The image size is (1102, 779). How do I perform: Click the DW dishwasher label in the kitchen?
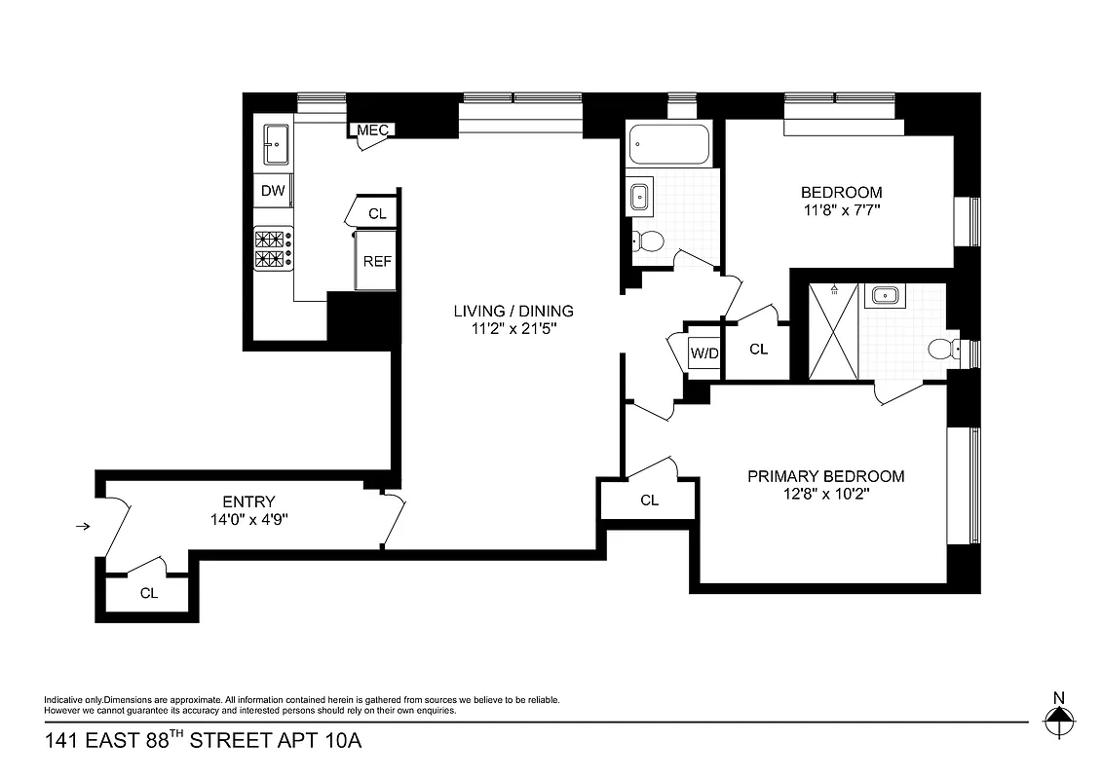(274, 191)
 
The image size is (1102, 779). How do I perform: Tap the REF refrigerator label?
(377, 261)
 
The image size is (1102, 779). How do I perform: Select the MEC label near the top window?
(372, 130)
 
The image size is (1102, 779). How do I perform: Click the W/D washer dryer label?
(703, 352)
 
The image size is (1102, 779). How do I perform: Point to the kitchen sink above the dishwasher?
(274, 146)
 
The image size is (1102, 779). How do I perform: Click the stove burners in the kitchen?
(274, 248)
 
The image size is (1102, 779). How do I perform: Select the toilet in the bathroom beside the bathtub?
(648, 241)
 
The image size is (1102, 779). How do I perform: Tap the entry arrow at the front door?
(84, 527)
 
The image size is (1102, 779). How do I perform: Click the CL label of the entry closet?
(149, 592)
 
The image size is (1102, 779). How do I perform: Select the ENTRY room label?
(248, 501)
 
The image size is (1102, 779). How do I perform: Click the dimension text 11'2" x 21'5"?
(513, 329)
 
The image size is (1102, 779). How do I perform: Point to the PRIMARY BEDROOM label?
(825, 476)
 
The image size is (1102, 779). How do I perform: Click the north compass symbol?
(1058, 721)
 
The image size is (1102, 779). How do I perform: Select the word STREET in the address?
(230, 742)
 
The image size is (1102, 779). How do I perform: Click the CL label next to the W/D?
(758, 349)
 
